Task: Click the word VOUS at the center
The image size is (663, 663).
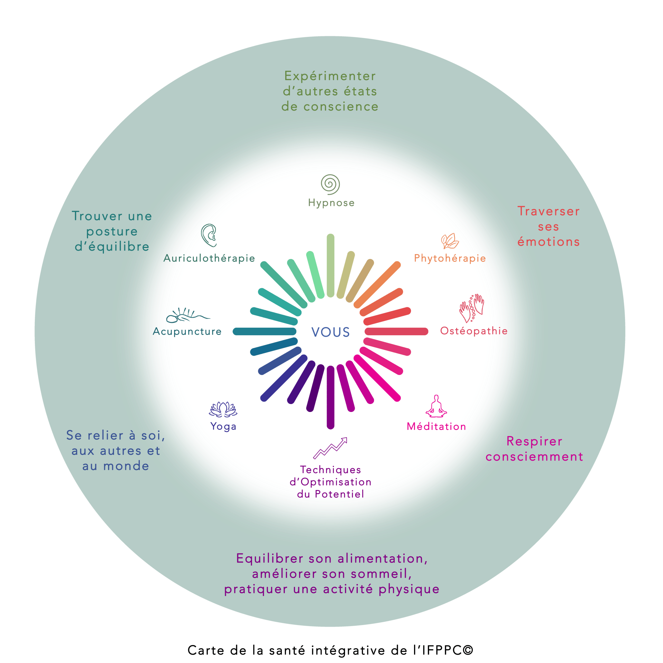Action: tap(330, 332)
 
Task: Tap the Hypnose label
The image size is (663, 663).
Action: tap(331, 203)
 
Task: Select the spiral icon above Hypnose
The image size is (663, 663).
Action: tap(330, 184)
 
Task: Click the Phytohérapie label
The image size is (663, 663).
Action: tap(450, 258)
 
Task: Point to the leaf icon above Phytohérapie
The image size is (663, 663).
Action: tap(450, 241)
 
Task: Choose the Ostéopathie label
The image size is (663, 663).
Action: tap(473, 331)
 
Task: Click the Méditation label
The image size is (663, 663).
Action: tap(436, 426)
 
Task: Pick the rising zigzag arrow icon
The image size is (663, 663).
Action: tap(330, 448)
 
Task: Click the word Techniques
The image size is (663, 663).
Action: tap(330, 470)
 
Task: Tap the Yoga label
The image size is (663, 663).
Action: tap(223, 427)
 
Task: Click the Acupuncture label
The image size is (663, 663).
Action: tap(188, 331)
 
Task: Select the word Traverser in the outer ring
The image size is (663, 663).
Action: tap(548, 211)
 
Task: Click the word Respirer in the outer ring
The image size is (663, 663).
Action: tap(534, 441)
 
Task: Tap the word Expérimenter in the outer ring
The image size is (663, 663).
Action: tap(330, 76)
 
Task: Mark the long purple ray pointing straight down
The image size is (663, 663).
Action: tap(330, 397)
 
